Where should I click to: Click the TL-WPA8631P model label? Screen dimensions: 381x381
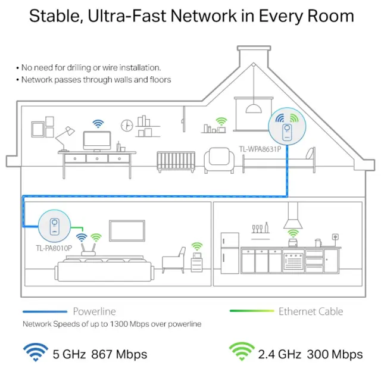click(x=260, y=149)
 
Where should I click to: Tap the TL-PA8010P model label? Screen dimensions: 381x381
click(x=54, y=248)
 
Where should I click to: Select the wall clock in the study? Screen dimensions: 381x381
click(x=127, y=126)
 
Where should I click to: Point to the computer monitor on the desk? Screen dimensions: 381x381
click(x=97, y=142)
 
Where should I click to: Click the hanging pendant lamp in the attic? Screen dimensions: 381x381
click(x=254, y=108)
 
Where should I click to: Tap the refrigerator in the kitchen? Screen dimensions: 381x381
click(x=230, y=253)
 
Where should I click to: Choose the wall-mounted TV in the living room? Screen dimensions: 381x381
click(x=127, y=231)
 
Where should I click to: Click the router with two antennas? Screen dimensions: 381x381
click(x=89, y=250)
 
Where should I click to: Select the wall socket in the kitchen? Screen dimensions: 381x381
click(x=335, y=237)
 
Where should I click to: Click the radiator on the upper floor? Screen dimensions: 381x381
click(x=176, y=161)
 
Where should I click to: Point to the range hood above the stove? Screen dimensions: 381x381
click(x=293, y=216)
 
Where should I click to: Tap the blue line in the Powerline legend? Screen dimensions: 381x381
click(x=45, y=311)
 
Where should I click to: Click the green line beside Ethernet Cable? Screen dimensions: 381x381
click(x=252, y=311)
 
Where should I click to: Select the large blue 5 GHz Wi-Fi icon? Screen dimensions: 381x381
click(x=36, y=352)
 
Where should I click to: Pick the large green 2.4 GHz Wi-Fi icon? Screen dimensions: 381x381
click(x=242, y=351)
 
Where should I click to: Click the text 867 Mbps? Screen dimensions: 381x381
click(x=119, y=354)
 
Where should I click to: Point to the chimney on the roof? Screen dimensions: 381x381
click(x=254, y=57)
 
